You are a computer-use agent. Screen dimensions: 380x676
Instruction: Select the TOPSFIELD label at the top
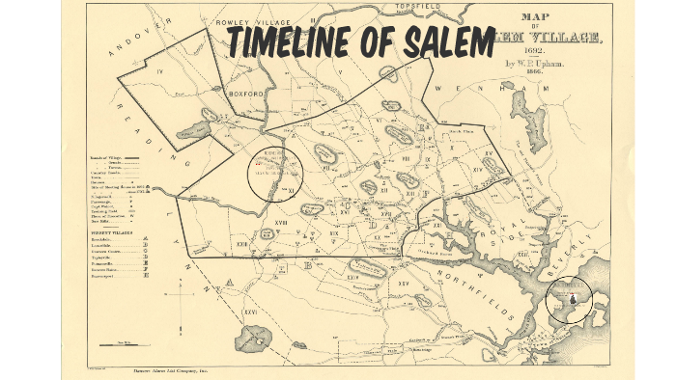coord(419,7)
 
